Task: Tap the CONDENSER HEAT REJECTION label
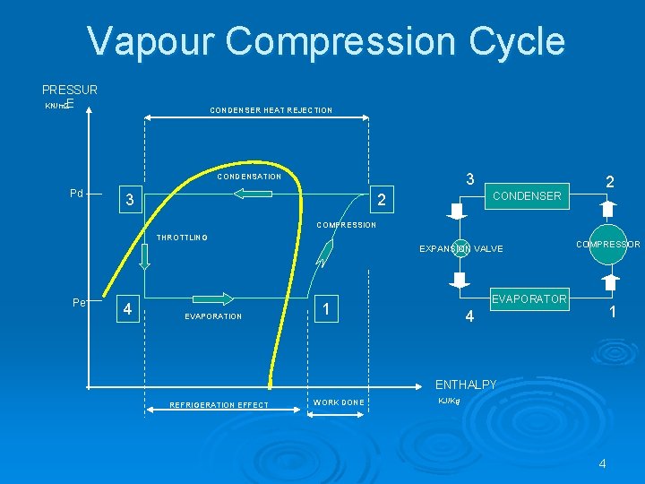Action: pos(271,110)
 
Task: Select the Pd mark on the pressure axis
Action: pos(77,194)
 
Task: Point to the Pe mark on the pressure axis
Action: pos(79,303)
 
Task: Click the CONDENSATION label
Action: pos(249,177)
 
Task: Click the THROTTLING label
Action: pos(182,238)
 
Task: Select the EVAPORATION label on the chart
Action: pos(213,316)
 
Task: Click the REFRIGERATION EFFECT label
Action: pos(219,405)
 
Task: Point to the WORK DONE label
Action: pos(339,402)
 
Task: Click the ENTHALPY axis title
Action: pos(465,385)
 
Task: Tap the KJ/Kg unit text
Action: pos(449,401)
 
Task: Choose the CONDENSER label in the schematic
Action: pos(527,195)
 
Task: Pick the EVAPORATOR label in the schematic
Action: pos(530,299)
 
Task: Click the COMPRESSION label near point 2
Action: pos(346,225)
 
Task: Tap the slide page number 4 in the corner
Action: pos(602,463)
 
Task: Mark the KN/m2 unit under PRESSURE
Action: pos(56,107)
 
